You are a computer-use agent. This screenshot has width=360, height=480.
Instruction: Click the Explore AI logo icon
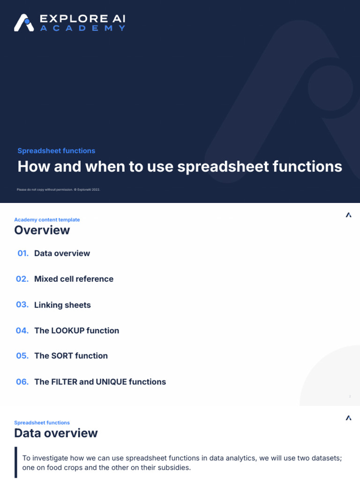(23, 23)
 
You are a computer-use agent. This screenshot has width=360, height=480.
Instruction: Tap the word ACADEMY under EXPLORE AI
(82, 28)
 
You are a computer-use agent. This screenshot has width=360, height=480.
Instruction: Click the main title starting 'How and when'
(180, 166)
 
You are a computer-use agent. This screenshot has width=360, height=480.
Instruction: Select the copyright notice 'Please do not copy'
(59, 189)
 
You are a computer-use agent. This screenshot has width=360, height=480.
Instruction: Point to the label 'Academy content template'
(47, 220)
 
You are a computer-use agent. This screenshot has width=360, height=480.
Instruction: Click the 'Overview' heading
(42, 230)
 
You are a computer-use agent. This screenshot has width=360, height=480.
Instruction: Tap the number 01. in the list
(23, 253)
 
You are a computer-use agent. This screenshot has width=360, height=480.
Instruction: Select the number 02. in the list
(22, 279)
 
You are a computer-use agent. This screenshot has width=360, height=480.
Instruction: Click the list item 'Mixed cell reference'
(74, 279)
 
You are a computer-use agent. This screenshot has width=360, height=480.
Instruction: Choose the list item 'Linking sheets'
(62, 305)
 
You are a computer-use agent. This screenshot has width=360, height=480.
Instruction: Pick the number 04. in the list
(22, 330)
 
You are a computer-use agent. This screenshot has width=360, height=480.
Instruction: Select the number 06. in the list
(22, 382)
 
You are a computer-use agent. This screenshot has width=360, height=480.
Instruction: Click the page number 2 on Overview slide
(350, 397)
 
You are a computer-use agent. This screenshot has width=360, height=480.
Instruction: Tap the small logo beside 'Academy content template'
(348, 215)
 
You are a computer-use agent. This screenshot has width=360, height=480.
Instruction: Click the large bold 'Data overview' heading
(56, 433)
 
